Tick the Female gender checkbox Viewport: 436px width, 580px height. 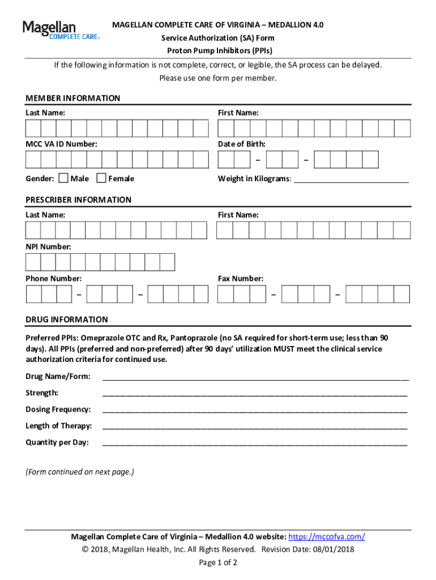point(101,178)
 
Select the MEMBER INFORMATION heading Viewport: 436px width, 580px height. point(72,99)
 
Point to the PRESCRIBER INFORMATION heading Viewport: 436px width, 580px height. point(78,200)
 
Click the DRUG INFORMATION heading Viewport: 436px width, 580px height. point(66,319)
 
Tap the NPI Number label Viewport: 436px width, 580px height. point(48,247)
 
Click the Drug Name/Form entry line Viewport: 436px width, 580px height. point(255,377)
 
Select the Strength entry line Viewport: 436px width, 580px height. point(255,393)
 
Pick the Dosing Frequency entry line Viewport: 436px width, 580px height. point(255,410)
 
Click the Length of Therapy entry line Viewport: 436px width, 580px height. point(255,426)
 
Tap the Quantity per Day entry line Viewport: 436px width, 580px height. point(255,442)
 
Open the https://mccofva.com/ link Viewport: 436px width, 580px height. point(327,537)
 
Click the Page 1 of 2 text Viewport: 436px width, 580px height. point(218,562)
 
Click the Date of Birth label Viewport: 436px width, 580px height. point(241,144)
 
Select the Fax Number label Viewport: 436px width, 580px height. point(240,279)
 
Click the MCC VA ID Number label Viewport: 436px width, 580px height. point(61,144)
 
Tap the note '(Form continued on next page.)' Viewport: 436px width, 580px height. point(80,472)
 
